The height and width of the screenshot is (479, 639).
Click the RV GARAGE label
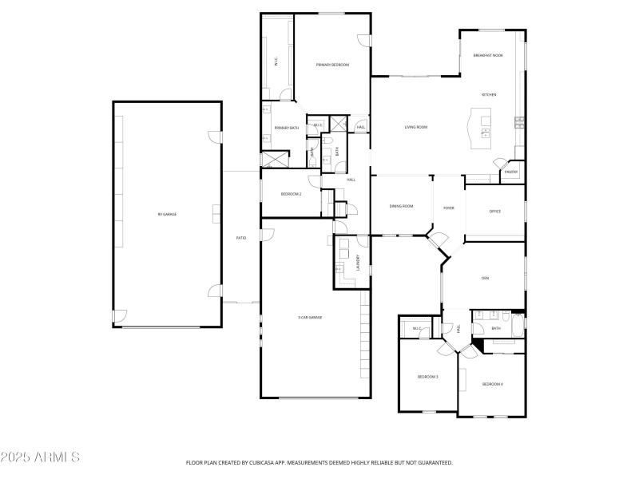[167, 215]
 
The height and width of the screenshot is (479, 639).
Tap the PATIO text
[240, 238]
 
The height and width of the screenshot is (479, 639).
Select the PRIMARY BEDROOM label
[332, 65]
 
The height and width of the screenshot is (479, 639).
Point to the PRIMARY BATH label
[287, 128]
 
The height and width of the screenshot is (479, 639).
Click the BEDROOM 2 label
[291, 194]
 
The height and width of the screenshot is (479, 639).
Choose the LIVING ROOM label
[415, 127]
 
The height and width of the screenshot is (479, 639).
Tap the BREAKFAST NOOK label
[488, 55]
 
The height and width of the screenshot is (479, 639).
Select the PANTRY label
[511, 172]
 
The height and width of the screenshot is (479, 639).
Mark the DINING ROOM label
[401, 207]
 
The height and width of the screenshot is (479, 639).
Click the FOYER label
[449, 208]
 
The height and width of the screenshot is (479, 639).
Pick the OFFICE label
[494, 212]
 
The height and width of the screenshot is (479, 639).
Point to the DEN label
[485, 278]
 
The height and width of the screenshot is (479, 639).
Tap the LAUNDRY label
[359, 262]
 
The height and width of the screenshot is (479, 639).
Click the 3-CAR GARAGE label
[310, 317]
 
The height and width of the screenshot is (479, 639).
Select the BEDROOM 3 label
[428, 376]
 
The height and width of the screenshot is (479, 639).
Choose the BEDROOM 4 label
[492, 384]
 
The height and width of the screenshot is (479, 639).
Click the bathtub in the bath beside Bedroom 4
[518, 327]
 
